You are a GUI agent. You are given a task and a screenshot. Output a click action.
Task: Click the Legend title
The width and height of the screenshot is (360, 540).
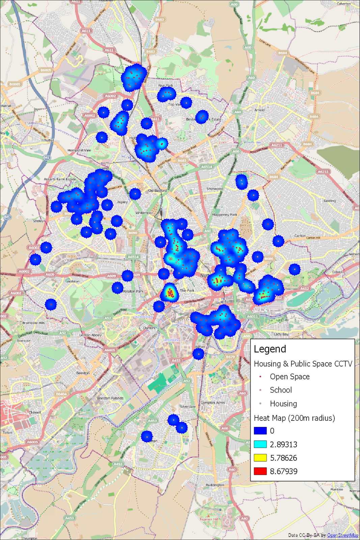point(270,349)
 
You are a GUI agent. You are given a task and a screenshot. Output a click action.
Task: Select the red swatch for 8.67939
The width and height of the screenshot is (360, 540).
point(260,471)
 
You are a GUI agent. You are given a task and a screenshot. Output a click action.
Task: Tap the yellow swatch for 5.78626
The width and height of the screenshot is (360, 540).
point(260,458)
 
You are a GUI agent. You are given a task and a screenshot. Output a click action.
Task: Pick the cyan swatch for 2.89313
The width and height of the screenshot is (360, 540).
point(260,444)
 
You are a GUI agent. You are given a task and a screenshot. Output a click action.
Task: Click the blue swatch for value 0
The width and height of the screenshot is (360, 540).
point(260,431)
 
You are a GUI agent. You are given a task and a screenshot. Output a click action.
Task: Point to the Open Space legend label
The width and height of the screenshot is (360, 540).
point(289,377)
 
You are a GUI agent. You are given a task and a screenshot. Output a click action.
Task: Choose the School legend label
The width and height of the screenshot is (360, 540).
point(281,390)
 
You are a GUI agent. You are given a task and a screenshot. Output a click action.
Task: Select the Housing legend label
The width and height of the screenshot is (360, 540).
point(283,404)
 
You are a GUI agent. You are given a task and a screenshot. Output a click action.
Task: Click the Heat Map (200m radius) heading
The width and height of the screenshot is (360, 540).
point(294,418)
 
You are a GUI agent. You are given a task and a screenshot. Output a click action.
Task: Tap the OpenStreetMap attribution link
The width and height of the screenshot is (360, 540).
point(342,535)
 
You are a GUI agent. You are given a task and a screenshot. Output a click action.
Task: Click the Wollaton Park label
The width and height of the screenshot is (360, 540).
point(133,291)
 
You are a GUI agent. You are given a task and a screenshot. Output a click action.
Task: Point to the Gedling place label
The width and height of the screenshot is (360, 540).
point(330,200)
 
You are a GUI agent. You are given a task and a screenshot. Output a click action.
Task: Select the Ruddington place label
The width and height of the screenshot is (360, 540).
point(215,485)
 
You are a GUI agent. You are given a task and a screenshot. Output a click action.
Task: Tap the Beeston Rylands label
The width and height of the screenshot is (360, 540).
point(110,398)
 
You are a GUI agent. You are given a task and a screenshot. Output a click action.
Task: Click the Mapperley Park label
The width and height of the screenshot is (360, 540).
point(224,215)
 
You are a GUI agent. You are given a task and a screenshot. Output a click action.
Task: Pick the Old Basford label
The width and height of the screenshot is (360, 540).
point(158,190)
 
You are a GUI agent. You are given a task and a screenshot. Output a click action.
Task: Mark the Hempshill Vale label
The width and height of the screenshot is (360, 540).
point(79,150)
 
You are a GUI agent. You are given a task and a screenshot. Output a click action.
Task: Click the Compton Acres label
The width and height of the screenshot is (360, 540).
point(213,403)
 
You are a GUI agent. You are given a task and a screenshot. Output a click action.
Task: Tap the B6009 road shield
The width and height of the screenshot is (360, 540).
point(46,70)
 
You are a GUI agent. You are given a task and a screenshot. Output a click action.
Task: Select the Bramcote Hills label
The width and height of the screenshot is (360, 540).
point(33,323)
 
